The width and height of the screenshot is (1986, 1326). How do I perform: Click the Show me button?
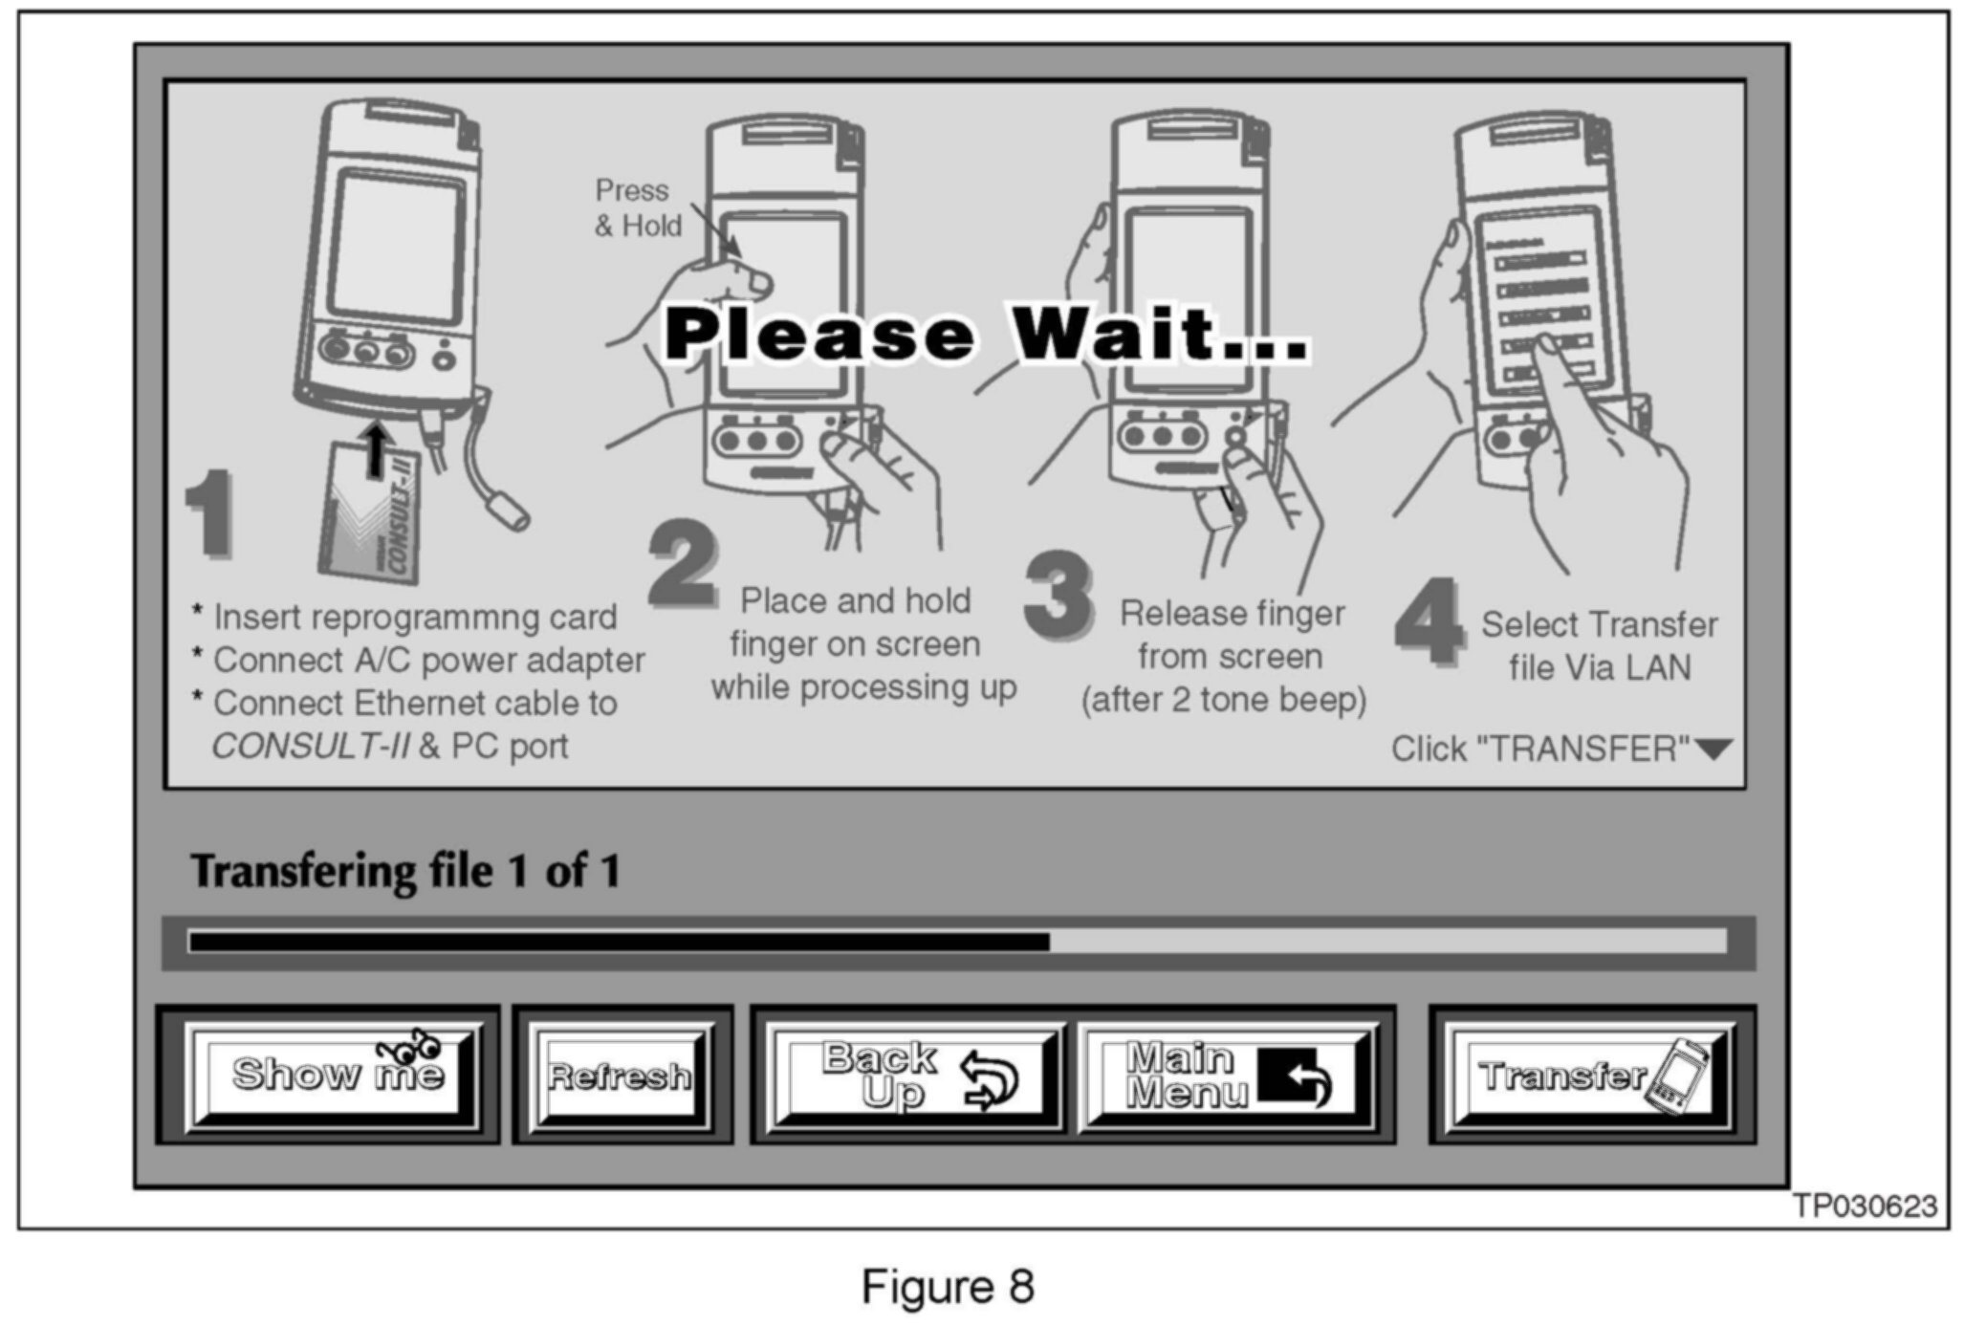coord(335,1076)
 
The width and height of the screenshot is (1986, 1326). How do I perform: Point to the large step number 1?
coord(209,513)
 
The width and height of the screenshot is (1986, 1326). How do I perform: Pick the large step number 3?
coord(1058,594)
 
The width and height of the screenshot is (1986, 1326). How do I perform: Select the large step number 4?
coord(1429,622)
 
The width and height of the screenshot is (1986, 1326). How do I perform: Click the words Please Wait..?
coord(985,335)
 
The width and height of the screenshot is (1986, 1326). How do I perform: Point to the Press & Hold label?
coord(638,207)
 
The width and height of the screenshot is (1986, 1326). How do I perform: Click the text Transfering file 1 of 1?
coord(405,871)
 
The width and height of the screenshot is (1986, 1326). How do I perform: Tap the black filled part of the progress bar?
coord(619,943)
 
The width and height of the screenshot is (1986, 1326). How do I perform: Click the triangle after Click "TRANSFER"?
coord(1713,750)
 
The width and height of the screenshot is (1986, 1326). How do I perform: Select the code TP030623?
coord(1864,1206)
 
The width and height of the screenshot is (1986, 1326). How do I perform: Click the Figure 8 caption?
coord(947,1287)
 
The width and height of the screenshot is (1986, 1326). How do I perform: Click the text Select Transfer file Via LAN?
coord(1599,646)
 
